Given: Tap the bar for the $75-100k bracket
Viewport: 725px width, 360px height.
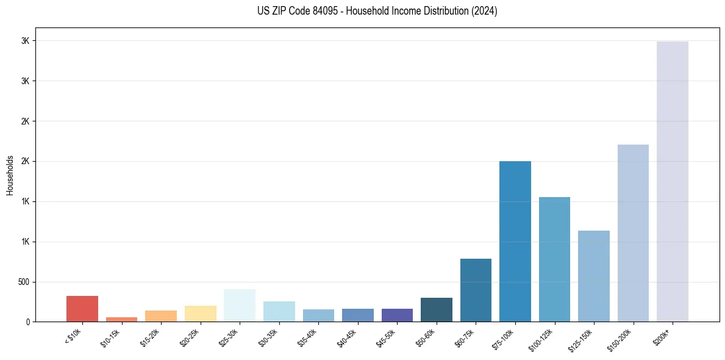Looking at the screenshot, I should tap(515, 241).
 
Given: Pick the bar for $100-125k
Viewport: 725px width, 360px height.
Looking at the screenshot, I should tap(554, 259).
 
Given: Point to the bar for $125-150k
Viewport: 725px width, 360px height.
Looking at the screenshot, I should tap(593, 276).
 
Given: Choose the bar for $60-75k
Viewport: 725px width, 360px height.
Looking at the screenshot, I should tap(476, 290).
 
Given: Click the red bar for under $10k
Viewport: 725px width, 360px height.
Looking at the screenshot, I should tap(82, 309).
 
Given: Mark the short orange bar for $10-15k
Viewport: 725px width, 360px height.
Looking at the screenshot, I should tap(121, 319).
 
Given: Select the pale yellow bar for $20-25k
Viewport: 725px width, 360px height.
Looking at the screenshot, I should tap(200, 314).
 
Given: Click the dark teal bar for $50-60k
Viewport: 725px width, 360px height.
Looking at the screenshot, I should tap(436, 309).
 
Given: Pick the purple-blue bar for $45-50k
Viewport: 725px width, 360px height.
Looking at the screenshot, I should tap(397, 315).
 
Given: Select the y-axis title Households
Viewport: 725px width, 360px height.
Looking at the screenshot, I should tap(10, 175).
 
